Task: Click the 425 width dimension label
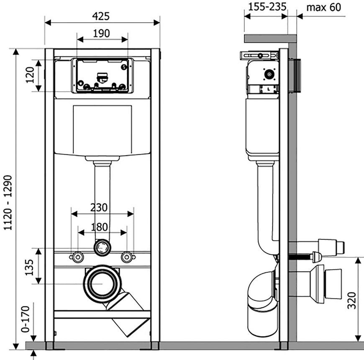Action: tap(101, 16)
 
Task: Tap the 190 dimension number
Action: tap(101, 33)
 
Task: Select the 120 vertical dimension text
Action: tap(30, 75)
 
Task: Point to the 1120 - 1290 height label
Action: tap(8, 203)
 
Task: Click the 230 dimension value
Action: tap(99, 207)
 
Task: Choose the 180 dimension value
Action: tap(99, 227)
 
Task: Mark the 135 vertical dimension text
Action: tap(29, 267)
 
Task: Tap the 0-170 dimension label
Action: tap(26, 319)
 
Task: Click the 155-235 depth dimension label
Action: tap(267, 7)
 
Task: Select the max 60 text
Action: tap(323, 8)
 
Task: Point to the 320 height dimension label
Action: tap(352, 301)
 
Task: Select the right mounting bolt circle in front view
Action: tap(127, 257)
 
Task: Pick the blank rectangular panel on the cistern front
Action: tap(103, 130)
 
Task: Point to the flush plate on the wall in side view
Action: tap(295, 76)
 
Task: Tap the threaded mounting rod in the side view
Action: tap(300, 257)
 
